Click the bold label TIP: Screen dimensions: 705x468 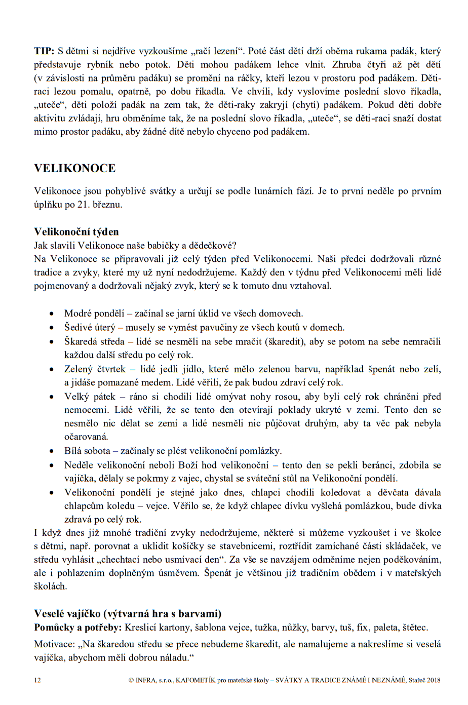point(44,51)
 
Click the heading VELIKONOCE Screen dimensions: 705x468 point(74,169)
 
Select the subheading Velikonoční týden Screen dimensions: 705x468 point(76,232)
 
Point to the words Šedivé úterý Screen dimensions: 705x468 point(90,328)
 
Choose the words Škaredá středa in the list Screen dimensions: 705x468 point(94,342)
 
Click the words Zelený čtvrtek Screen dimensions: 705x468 point(95,369)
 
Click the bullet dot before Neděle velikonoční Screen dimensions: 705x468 point(52,465)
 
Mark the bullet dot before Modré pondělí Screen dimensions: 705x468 point(52,314)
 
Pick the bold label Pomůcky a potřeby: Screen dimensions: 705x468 point(78,628)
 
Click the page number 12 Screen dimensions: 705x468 point(37,680)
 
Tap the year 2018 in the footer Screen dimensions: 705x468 point(434,680)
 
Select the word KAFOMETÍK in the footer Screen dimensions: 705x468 point(196,680)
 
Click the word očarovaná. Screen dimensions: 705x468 point(86,437)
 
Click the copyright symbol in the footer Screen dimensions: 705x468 point(131,680)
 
